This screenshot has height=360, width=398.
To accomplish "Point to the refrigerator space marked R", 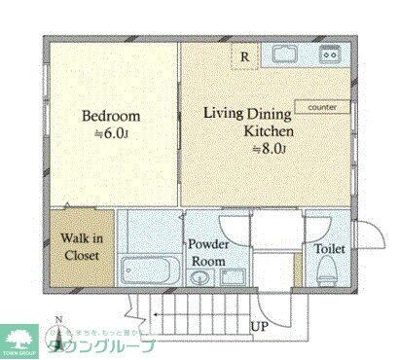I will tap(244, 56).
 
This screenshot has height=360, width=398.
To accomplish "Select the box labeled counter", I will tap(322, 107).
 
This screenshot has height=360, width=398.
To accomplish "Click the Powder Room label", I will tap(208, 253).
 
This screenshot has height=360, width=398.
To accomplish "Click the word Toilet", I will tap(329, 248).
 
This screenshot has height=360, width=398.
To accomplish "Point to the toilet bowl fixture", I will tap(328, 272).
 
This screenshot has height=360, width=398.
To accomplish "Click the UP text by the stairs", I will tap(260, 326).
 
